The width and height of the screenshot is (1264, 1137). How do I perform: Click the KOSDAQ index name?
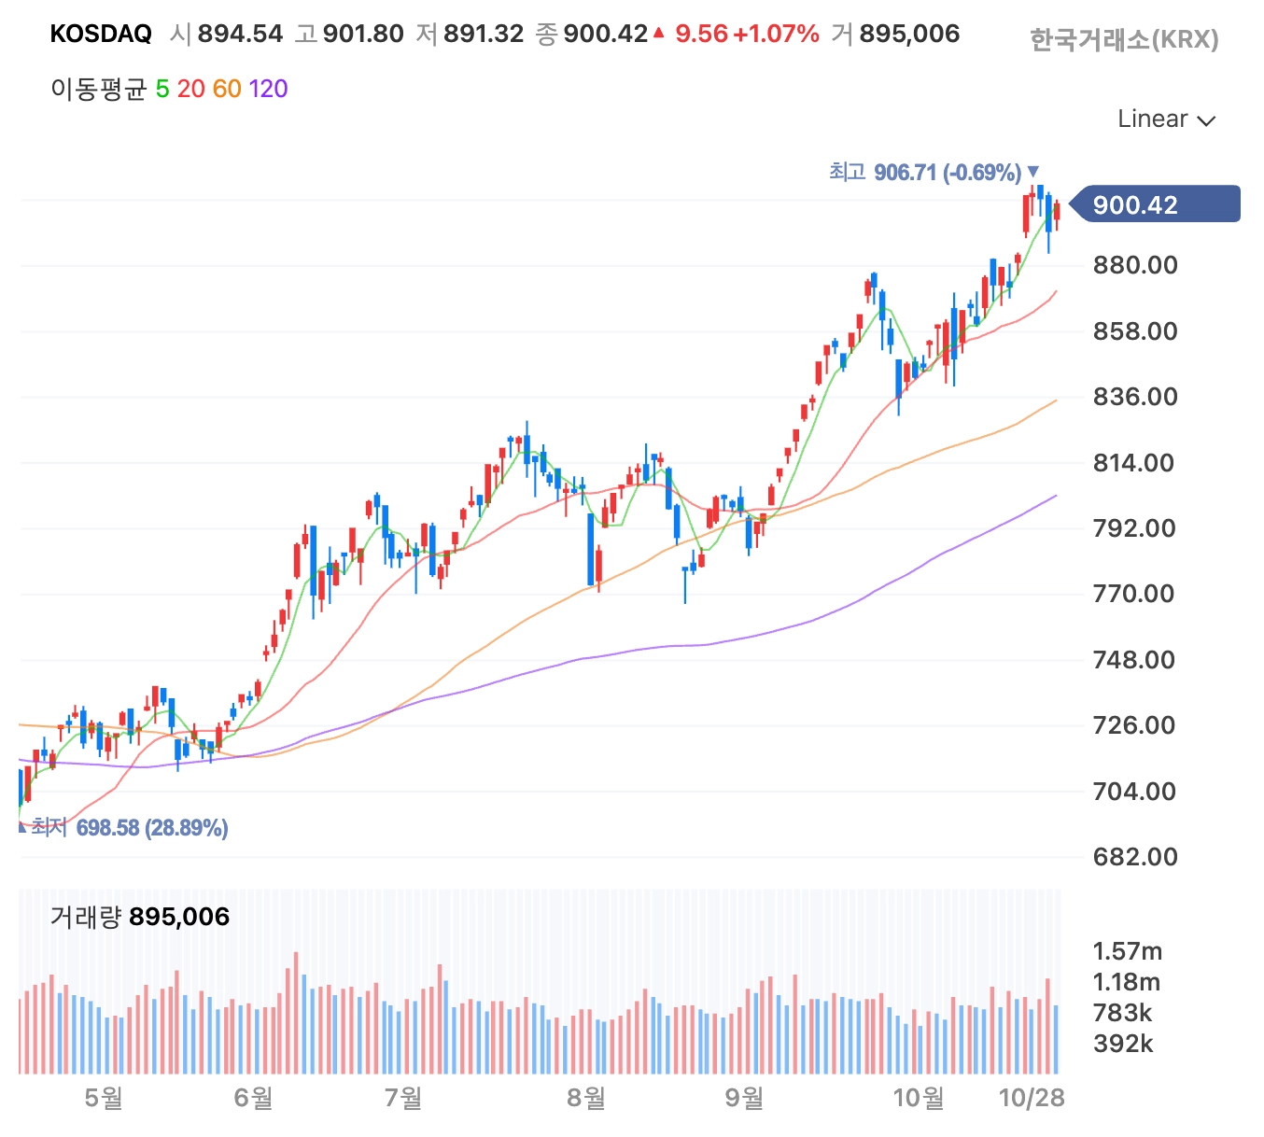tap(101, 34)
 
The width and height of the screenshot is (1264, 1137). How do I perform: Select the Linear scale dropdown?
tap(1166, 119)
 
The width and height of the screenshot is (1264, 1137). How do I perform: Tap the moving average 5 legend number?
tap(162, 89)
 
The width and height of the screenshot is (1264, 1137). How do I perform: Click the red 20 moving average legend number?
tap(190, 89)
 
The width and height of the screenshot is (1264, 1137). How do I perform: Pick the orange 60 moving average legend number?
tap(227, 89)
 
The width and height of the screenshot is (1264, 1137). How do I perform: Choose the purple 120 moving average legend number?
tap(268, 89)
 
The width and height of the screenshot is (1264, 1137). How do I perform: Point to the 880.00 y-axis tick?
tap(1134, 265)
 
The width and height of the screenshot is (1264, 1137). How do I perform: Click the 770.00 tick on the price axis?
tap(1134, 594)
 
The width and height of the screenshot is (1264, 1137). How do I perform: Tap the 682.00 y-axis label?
tap(1134, 857)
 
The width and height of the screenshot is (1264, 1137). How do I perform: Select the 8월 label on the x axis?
tap(586, 1098)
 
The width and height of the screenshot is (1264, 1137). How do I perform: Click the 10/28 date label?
tap(1032, 1098)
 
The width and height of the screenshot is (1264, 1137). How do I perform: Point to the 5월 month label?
tap(104, 1098)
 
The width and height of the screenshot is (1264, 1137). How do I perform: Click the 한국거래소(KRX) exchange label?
tap(1124, 40)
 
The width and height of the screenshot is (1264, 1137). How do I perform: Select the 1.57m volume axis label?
tap(1127, 951)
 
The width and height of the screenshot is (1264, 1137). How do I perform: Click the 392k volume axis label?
tap(1123, 1044)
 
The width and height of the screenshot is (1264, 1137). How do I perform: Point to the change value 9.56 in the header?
tap(701, 34)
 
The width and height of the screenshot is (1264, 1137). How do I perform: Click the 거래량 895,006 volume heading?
tap(140, 917)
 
